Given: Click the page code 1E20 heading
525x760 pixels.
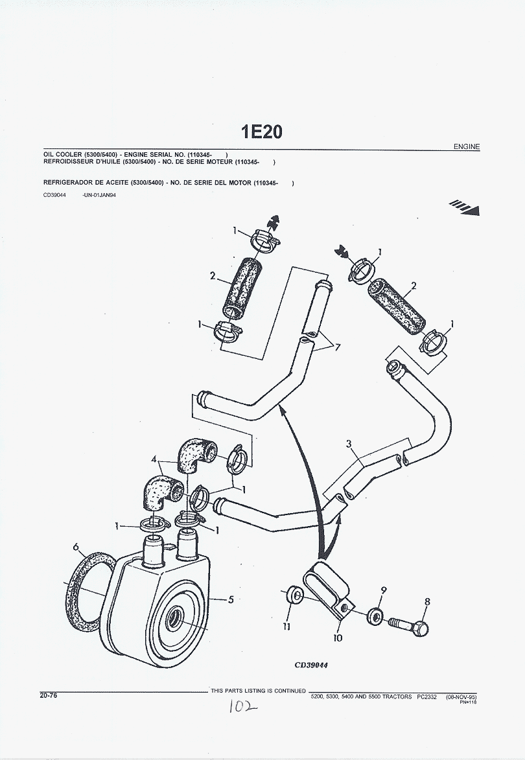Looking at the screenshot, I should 261,132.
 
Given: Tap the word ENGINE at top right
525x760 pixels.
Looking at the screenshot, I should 467,147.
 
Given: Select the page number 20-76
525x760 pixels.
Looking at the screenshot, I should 49,695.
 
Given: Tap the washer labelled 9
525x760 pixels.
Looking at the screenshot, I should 375,615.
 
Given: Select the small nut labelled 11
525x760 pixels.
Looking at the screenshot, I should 294,595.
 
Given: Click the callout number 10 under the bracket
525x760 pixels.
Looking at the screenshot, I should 338,638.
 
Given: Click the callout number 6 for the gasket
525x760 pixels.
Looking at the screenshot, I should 76,547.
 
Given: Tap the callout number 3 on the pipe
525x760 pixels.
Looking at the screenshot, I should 349,444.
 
